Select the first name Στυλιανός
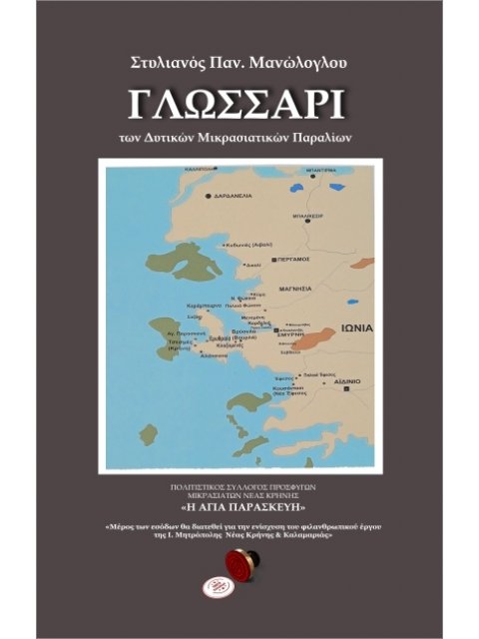[170, 64]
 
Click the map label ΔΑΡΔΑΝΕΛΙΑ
[233, 196]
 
